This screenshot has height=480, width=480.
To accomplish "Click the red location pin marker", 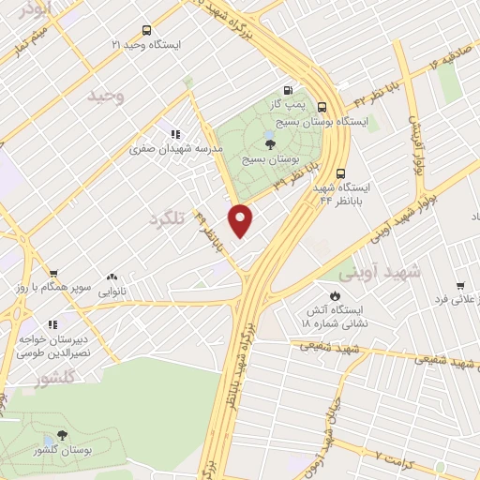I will coord(242,219).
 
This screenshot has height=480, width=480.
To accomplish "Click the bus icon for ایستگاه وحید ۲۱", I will coord(144,30).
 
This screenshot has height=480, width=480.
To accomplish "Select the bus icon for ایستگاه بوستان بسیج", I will coord(322,107).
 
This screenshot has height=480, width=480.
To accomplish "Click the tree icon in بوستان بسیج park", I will coord(271,144).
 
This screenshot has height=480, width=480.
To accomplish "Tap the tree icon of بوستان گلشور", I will coord(62,435).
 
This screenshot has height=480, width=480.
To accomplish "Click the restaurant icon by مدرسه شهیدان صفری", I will coord(175,134).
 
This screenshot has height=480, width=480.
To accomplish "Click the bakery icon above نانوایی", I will coord(112,277).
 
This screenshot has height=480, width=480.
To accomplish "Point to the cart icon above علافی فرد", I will coord(459,285).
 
